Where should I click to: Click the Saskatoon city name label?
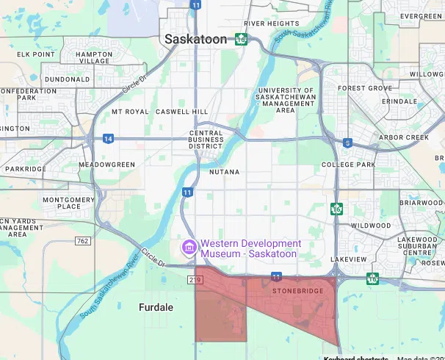(x=196, y=40)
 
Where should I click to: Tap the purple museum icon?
(x=189, y=248)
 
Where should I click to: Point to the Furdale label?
(x=156, y=307)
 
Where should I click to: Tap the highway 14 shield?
(x=108, y=138)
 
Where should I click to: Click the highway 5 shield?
(x=347, y=143)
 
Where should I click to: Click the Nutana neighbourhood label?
(x=225, y=171)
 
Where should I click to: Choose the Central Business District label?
(x=200, y=140)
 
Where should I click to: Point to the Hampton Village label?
(x=87, y=58)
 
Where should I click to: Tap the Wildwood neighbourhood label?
(x=371, y=226)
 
